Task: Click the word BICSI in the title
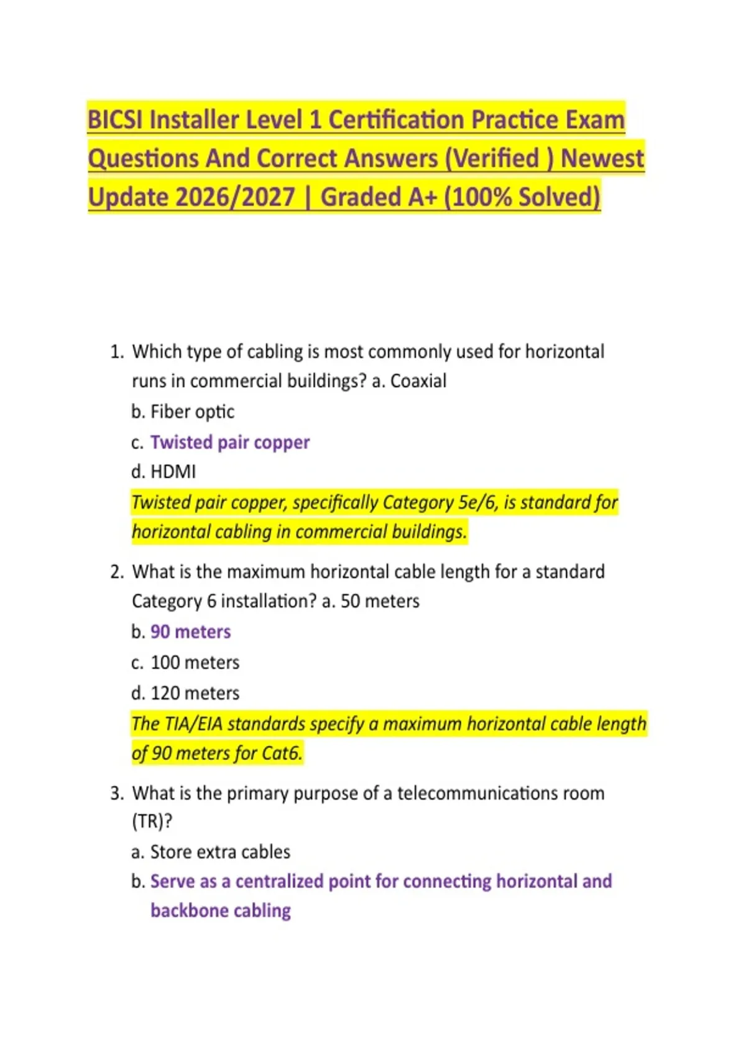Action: point(115,119)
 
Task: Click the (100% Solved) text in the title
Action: point(522,197)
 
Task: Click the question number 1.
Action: point(116,352)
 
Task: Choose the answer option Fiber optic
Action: point(192,412)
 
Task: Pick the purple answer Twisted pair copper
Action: point(230,442)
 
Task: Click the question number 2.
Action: point(116,572)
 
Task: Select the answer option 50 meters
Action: point(380,601)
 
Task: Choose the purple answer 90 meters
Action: point(190,632)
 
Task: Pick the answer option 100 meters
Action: point(195,662)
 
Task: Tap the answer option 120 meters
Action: point(195,693)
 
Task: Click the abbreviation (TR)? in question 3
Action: point(152,821)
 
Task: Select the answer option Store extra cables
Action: point(220,852)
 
